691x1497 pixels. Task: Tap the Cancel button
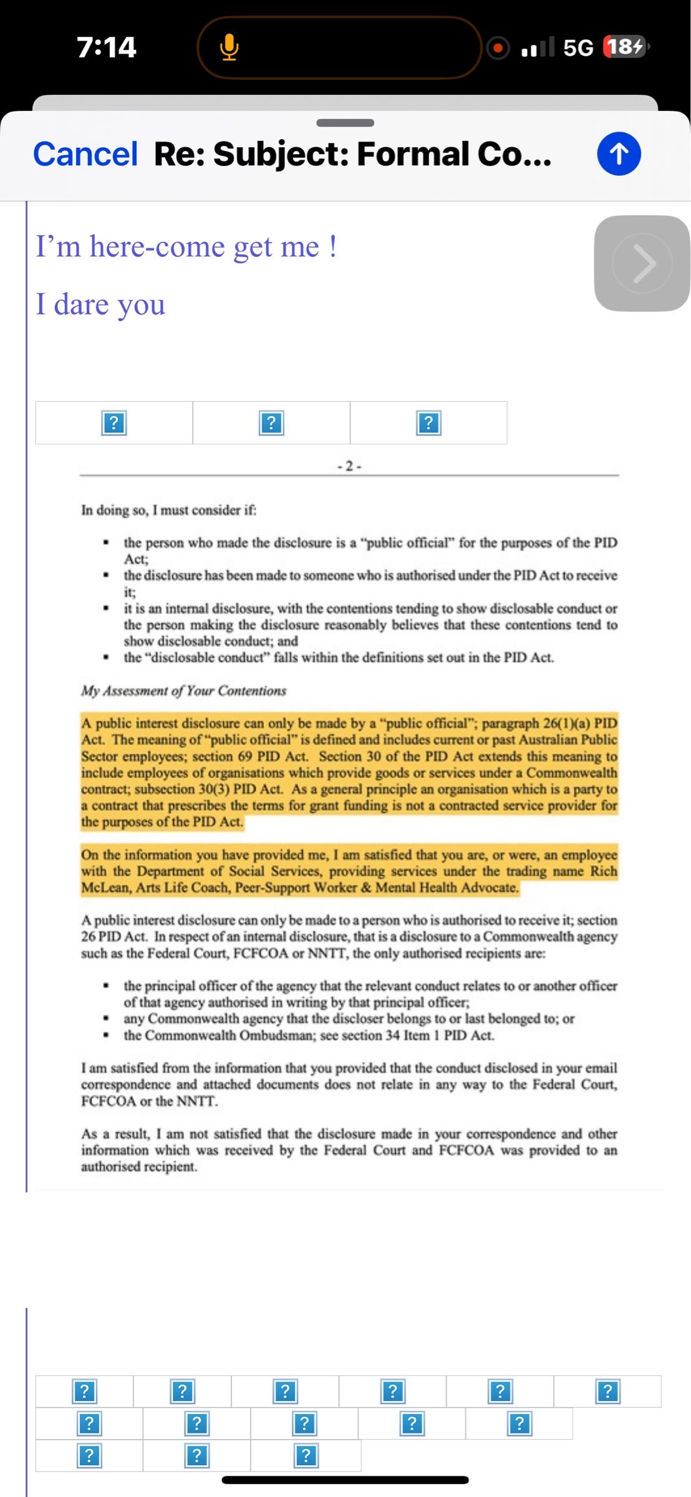[x=85, y=154]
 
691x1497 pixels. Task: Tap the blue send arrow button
[x=619, y=153]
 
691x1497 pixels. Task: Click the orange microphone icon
[x=230, y=47]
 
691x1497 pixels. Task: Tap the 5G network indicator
[x=577, y=47]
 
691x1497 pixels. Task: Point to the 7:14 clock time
[x=107, y=47]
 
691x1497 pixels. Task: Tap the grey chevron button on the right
[x=642, y=263]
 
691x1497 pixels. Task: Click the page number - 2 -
[x=349, y=466]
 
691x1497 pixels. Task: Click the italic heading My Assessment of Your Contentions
[x=183, y=690]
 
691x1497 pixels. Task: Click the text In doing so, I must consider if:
[x=168, y=510]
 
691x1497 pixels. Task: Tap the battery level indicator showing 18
[x=625, y=47]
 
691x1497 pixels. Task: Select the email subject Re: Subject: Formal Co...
[x=352, y=154]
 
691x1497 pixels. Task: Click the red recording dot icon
[x=498, y=47]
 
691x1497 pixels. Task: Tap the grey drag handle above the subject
[x=345, y=123]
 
